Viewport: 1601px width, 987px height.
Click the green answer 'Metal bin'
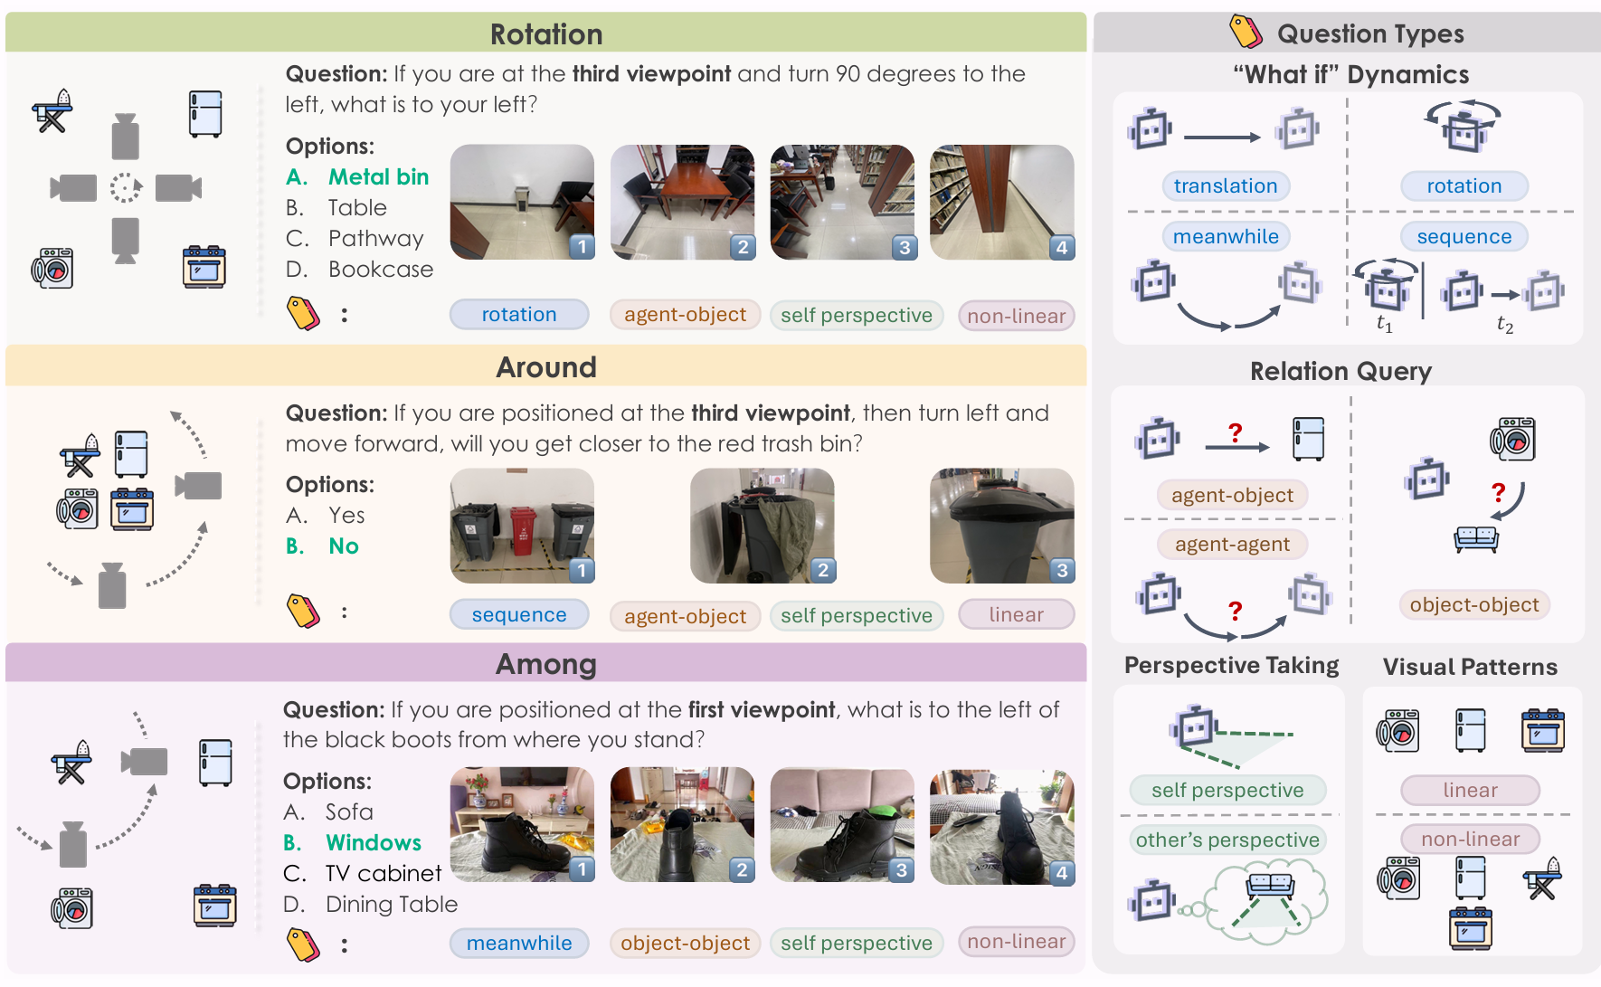tap(378, 177)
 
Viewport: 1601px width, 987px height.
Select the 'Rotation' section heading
tap(546, 34)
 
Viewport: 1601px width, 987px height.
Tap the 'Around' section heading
tap(546, 367)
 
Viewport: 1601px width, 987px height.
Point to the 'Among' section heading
tap(546, 665)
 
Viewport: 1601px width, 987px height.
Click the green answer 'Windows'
tap(374, 843)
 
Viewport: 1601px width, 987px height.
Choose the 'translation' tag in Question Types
tap(1226, 186)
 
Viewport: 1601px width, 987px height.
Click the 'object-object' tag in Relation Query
tap(1474, 605)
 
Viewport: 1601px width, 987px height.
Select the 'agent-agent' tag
tap(1232, 545)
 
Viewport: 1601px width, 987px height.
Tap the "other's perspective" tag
tap(1227, 840)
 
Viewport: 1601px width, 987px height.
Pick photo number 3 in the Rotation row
tap(842, 203)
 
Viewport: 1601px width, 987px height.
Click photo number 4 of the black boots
tap(1002, 825)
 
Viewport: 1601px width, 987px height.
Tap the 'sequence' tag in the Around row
tap(519, 615)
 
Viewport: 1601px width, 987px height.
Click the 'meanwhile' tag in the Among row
tap(519, 944)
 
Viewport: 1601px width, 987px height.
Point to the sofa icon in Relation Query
tap(1476, 539)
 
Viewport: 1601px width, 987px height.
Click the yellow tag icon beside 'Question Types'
tap(1246, 32)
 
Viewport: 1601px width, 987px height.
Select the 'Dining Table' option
tap(392, 905)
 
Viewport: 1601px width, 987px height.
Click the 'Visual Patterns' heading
tap(1470, 668)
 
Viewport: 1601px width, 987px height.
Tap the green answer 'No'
tap(344, 546)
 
